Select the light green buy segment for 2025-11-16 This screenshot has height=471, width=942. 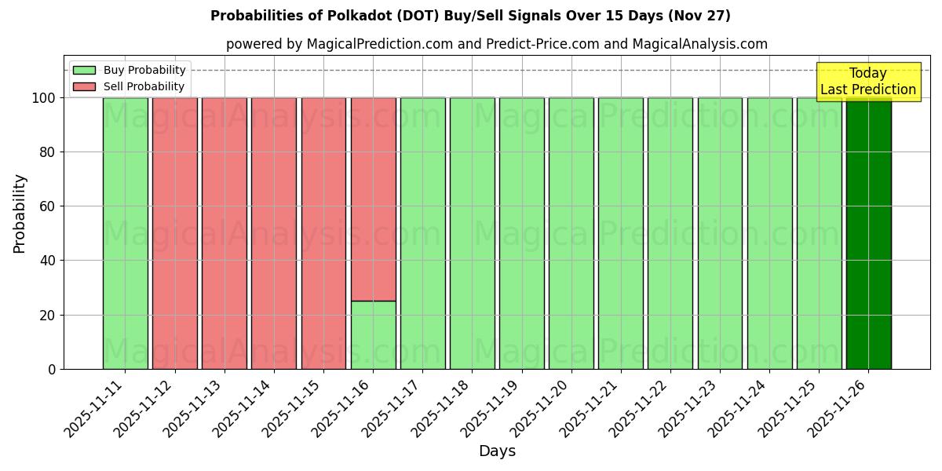373,335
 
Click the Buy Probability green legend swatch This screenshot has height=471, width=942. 84,71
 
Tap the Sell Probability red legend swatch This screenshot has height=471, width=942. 84,87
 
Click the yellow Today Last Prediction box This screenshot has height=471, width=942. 868,82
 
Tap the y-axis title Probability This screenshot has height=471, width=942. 20,214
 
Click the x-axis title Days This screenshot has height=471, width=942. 497,451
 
